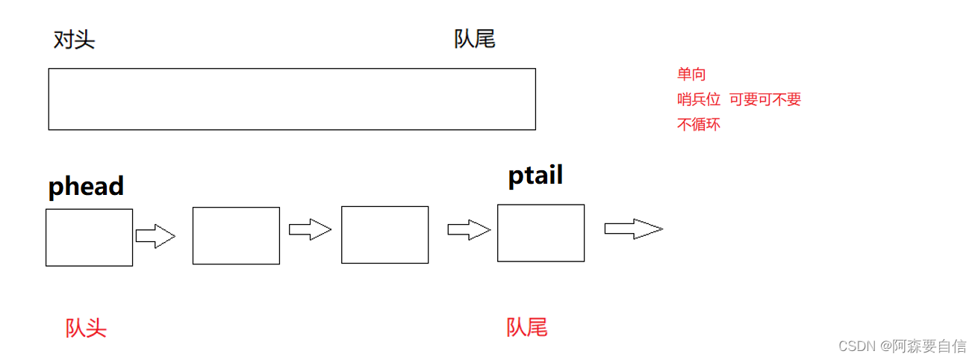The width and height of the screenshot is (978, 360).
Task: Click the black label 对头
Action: pyautogui.click(x=74, y=40)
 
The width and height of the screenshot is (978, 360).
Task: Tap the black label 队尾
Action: pyautogui.click(x=475, y=39)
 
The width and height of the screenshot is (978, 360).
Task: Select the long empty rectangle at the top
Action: pyautogui.click(x=292, y=99)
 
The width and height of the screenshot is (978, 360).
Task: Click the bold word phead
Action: pyautogui.click(x=86, y=187)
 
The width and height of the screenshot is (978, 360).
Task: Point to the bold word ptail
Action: pyautogui.click(x=535, y=176)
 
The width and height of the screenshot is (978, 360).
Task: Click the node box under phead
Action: pyautogui.click(x=89, y=238)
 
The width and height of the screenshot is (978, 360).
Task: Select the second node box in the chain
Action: pyautogui.click(x=236, y=235)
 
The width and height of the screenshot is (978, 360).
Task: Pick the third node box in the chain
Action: pyautogui.click(x=384, y=235)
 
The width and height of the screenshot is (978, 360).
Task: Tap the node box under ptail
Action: pyautogui.click(x=541, y=233)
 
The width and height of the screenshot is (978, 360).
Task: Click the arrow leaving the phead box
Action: pyautogui.click(x=155, y=237)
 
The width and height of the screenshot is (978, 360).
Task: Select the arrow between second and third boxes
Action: pyautogui.click(x=310, y=230)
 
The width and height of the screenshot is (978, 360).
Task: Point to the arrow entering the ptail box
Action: pyautogui.click(x=469, y=230)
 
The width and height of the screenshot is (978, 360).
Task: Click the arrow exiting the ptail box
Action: pyautogui.click(x=633, y=229)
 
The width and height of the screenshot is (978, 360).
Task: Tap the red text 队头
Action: pyautogui.click(x=86, y=328)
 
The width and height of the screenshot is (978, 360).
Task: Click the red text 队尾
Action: pyautogui.click(x=527, y=326)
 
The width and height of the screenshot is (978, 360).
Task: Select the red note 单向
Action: pyautogui.click(x=691, y=74)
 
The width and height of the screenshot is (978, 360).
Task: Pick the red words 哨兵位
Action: pyautogui.click(x=699, y=99)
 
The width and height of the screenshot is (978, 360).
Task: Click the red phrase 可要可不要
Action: pyautogui.click(x=765, y=99)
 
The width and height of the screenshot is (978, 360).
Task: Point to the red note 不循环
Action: pyautogui.click(x=699, y=125)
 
